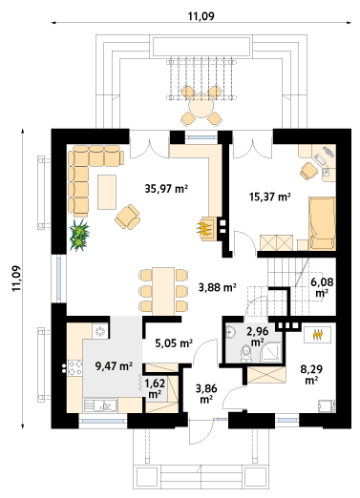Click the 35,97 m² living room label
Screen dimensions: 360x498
[166, 189]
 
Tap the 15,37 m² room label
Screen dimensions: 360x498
[270, 197]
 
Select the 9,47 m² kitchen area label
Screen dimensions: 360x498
[114, 366]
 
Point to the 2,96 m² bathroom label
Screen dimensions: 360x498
[258, 337]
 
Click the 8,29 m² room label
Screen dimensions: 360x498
[311, 374]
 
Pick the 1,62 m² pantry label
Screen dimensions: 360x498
[155, 388]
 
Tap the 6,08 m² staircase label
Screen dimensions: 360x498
[322, 287]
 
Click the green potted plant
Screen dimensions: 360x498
[78, 235]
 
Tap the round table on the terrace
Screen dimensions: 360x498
[201, 106]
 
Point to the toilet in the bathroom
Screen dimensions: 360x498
[245, 354]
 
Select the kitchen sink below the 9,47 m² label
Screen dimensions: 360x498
[100, 405]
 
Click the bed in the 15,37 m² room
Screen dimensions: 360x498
[322, 223]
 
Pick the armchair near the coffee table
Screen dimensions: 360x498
[128, 217]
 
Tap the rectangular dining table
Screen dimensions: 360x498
[163, 291]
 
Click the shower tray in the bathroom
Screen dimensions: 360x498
[271, 352]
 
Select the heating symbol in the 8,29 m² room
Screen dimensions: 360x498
[317, 335]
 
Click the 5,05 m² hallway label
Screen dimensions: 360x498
[174, 343]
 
